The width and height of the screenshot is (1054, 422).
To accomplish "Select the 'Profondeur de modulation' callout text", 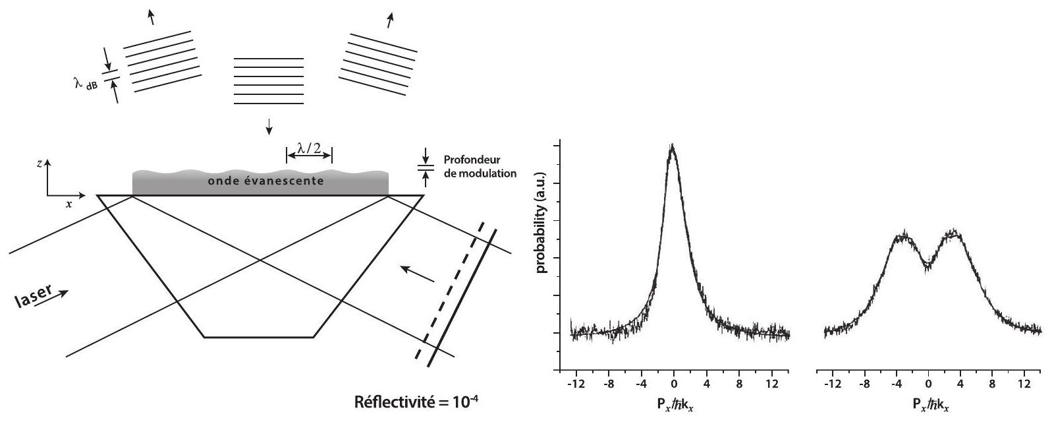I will click(x=480, y=167).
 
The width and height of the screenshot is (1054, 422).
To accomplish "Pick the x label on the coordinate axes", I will click(x=68, y=205).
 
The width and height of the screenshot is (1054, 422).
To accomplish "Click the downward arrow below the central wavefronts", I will click(x=268, y=126).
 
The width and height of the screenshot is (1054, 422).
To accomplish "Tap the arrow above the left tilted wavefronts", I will click(x=152, y=17).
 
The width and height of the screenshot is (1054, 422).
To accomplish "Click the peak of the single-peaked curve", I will click(x=672, y=146).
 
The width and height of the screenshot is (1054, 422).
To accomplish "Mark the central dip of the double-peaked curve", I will click(x=928, y=264).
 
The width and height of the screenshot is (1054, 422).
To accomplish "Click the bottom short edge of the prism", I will click(x=258, y=338).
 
